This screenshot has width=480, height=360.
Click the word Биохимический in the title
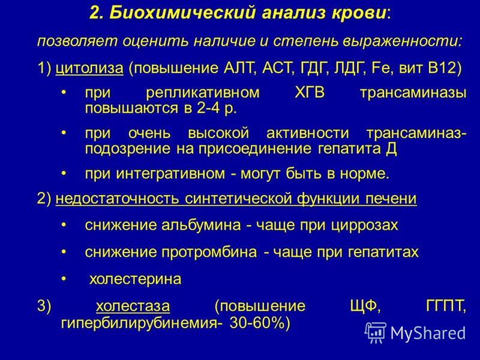tap(182, 13)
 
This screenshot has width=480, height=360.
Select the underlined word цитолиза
tap(89, 68)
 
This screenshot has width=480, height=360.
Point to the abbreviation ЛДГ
tap(349, 68)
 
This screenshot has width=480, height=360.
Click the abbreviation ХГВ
tap(309, 92)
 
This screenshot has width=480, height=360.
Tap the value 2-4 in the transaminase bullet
tap(208, 109)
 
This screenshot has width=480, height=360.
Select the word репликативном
tap(203, 93)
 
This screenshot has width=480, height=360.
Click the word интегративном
tap(170, 174)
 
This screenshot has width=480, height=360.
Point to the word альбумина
tap(201, 226)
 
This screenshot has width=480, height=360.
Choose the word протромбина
tap(209, 252)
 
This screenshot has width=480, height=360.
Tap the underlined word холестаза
tap(133, 306)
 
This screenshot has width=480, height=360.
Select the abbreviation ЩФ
tap(365, 306)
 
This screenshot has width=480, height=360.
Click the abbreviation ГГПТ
tap(446, 306)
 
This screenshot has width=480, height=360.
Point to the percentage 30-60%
tap(257, 323)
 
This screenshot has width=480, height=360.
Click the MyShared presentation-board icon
tap(376, 332)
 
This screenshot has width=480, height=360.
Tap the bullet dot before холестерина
tap(64, 279)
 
